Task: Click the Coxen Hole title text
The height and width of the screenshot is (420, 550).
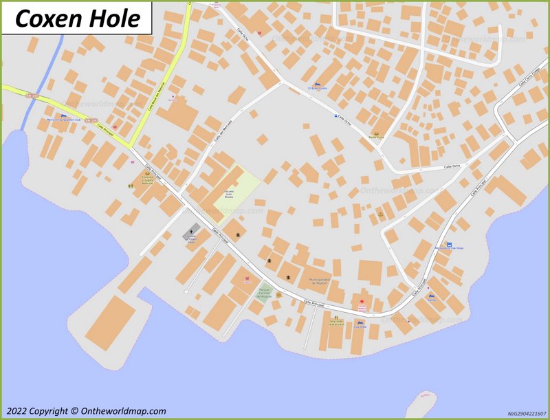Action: (76, 19)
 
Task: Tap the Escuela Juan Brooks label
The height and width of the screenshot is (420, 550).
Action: (229, 194)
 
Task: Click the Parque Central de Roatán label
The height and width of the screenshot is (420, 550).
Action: (264, 294)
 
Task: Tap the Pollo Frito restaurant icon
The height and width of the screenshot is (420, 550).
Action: (376, 133)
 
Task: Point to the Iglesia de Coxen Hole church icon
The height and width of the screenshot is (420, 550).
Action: (192, 232)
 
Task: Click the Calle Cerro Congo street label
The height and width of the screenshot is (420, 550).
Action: (529, 78)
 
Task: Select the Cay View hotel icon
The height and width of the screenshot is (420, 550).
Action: (360, 322)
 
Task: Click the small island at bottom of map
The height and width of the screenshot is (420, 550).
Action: (421, 404)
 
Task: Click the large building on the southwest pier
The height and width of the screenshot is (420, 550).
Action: (111, 322)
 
